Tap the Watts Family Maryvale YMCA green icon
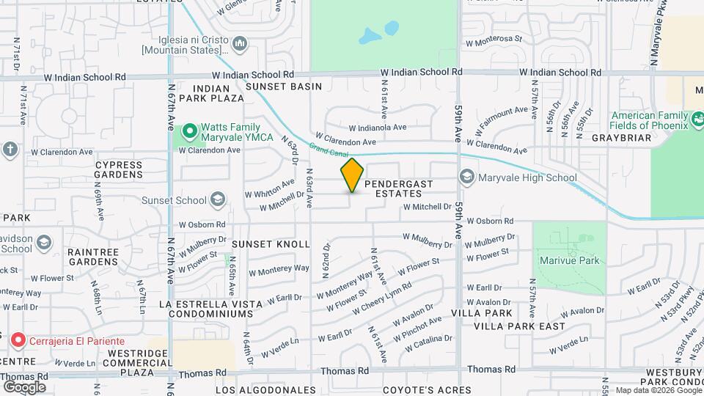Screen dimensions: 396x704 pos(190,132)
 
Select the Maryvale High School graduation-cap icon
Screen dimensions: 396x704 pos(466,177)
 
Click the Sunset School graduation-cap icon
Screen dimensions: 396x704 pos(217,199)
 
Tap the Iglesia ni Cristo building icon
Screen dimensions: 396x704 pos(240,45)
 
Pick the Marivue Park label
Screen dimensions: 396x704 pos(569,260)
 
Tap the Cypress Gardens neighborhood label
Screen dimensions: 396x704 pos(119,169)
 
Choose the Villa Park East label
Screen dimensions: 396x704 pos(519,326)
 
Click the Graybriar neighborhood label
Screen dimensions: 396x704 pos(621,138)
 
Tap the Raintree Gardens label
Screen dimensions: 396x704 pos(92,257)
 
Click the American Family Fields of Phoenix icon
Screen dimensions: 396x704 pos(697,119)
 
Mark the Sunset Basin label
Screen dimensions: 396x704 pos(284,87)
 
